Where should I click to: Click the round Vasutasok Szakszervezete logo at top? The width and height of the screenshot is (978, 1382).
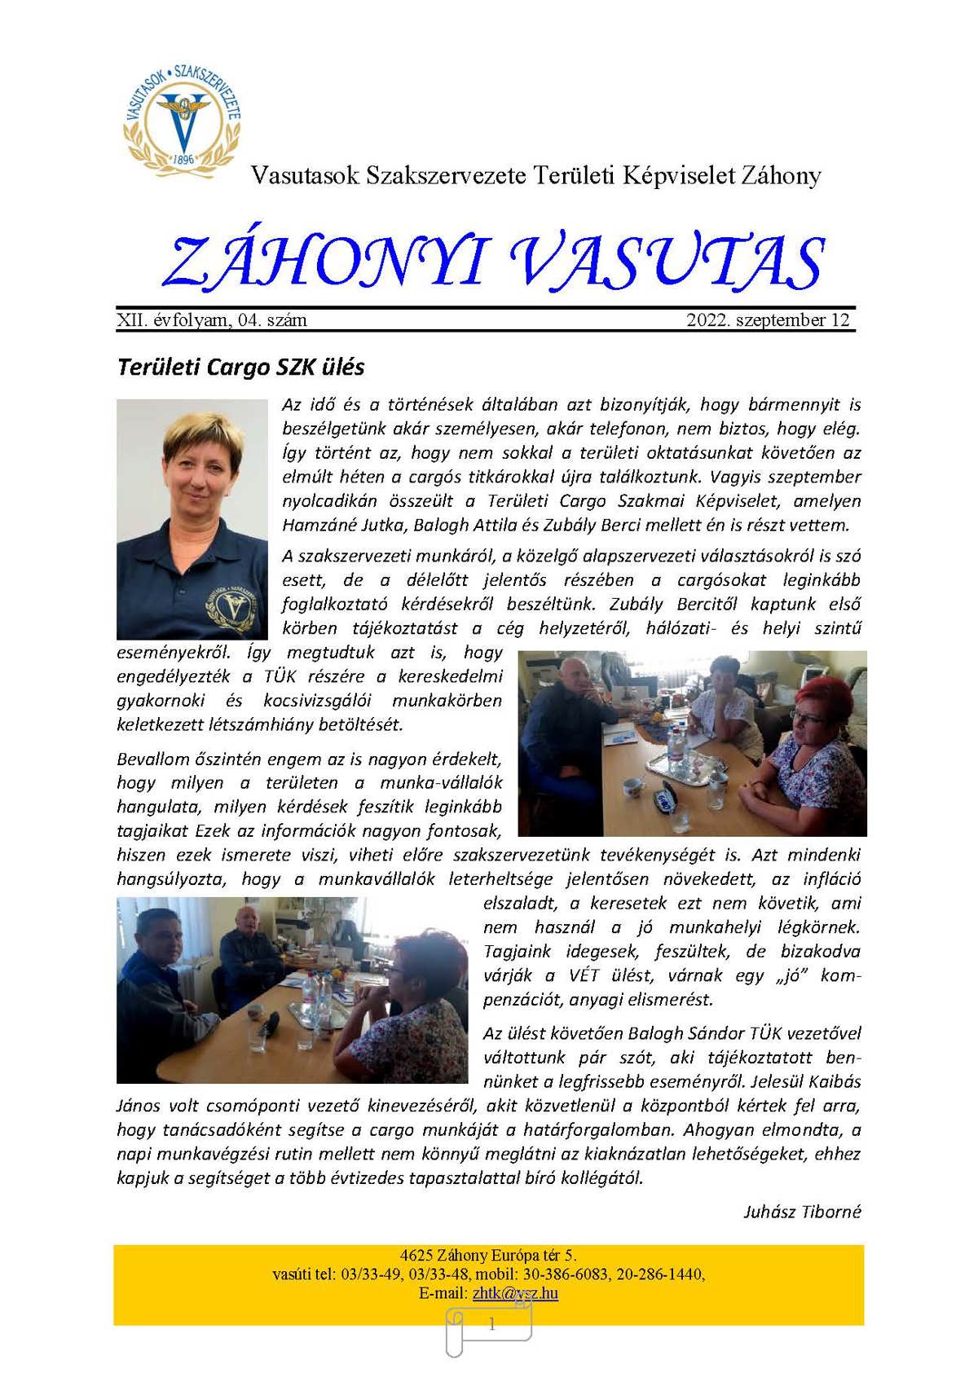[x=183, y=118]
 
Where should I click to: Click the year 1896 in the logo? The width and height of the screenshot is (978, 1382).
[x=184, y=159]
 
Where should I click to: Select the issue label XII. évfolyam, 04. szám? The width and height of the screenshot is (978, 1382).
[x=212, y=320]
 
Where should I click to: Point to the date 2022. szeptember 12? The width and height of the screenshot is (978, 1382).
[x=768, y=320]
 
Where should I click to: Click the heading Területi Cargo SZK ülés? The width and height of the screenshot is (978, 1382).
[x=241, y=367]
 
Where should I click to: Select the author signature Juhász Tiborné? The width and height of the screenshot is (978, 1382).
[x=802, y=1212]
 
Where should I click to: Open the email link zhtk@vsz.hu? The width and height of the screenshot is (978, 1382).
[x=515, y=1293]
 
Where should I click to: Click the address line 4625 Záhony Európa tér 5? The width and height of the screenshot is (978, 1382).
[x=489, y=1256]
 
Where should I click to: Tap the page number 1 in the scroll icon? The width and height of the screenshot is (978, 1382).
[x=491, y=1325]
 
